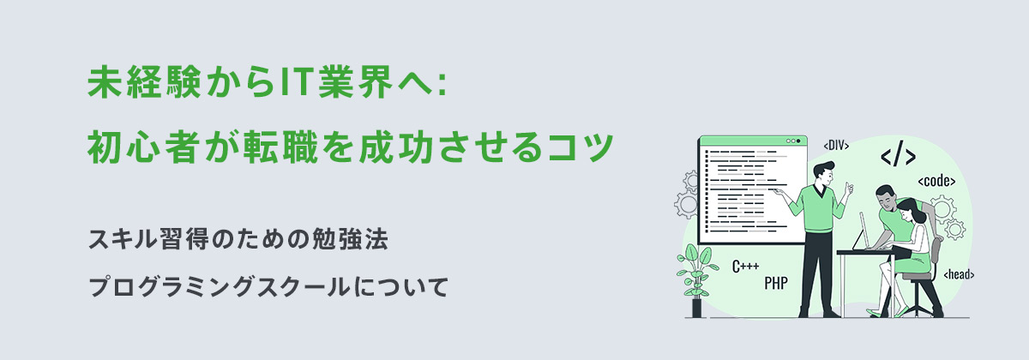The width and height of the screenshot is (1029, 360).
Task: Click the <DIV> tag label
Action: click(x=835, y=146)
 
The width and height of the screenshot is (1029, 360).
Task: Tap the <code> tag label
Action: click(x=936, y=182)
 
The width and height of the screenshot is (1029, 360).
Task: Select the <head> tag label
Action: click(x=958, y=274)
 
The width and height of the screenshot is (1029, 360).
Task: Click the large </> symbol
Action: click(x=898, y=156)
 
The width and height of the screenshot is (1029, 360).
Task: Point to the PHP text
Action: click(x=775, y=281)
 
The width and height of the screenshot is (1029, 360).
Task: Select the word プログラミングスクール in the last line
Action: click(x=218, y=285)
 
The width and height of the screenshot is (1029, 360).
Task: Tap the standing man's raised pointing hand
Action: click(x=848, y=187)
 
